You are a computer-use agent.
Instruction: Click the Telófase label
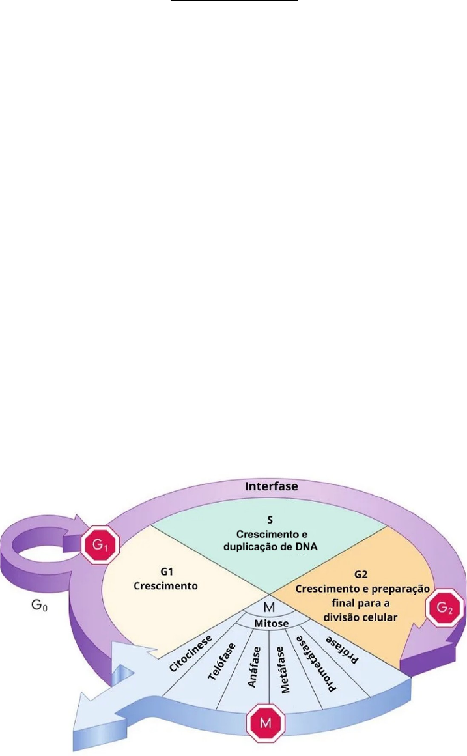219,662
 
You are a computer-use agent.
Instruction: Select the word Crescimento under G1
165,585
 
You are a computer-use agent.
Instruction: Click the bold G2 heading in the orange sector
362,576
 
